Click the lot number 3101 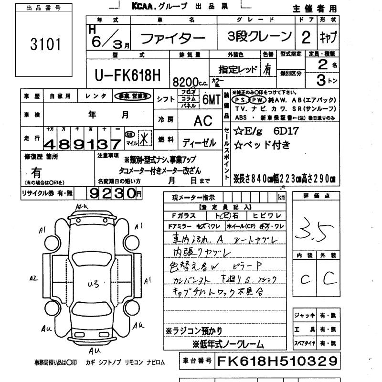click(x=46, y=45)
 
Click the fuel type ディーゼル click(x=200, y=142)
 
